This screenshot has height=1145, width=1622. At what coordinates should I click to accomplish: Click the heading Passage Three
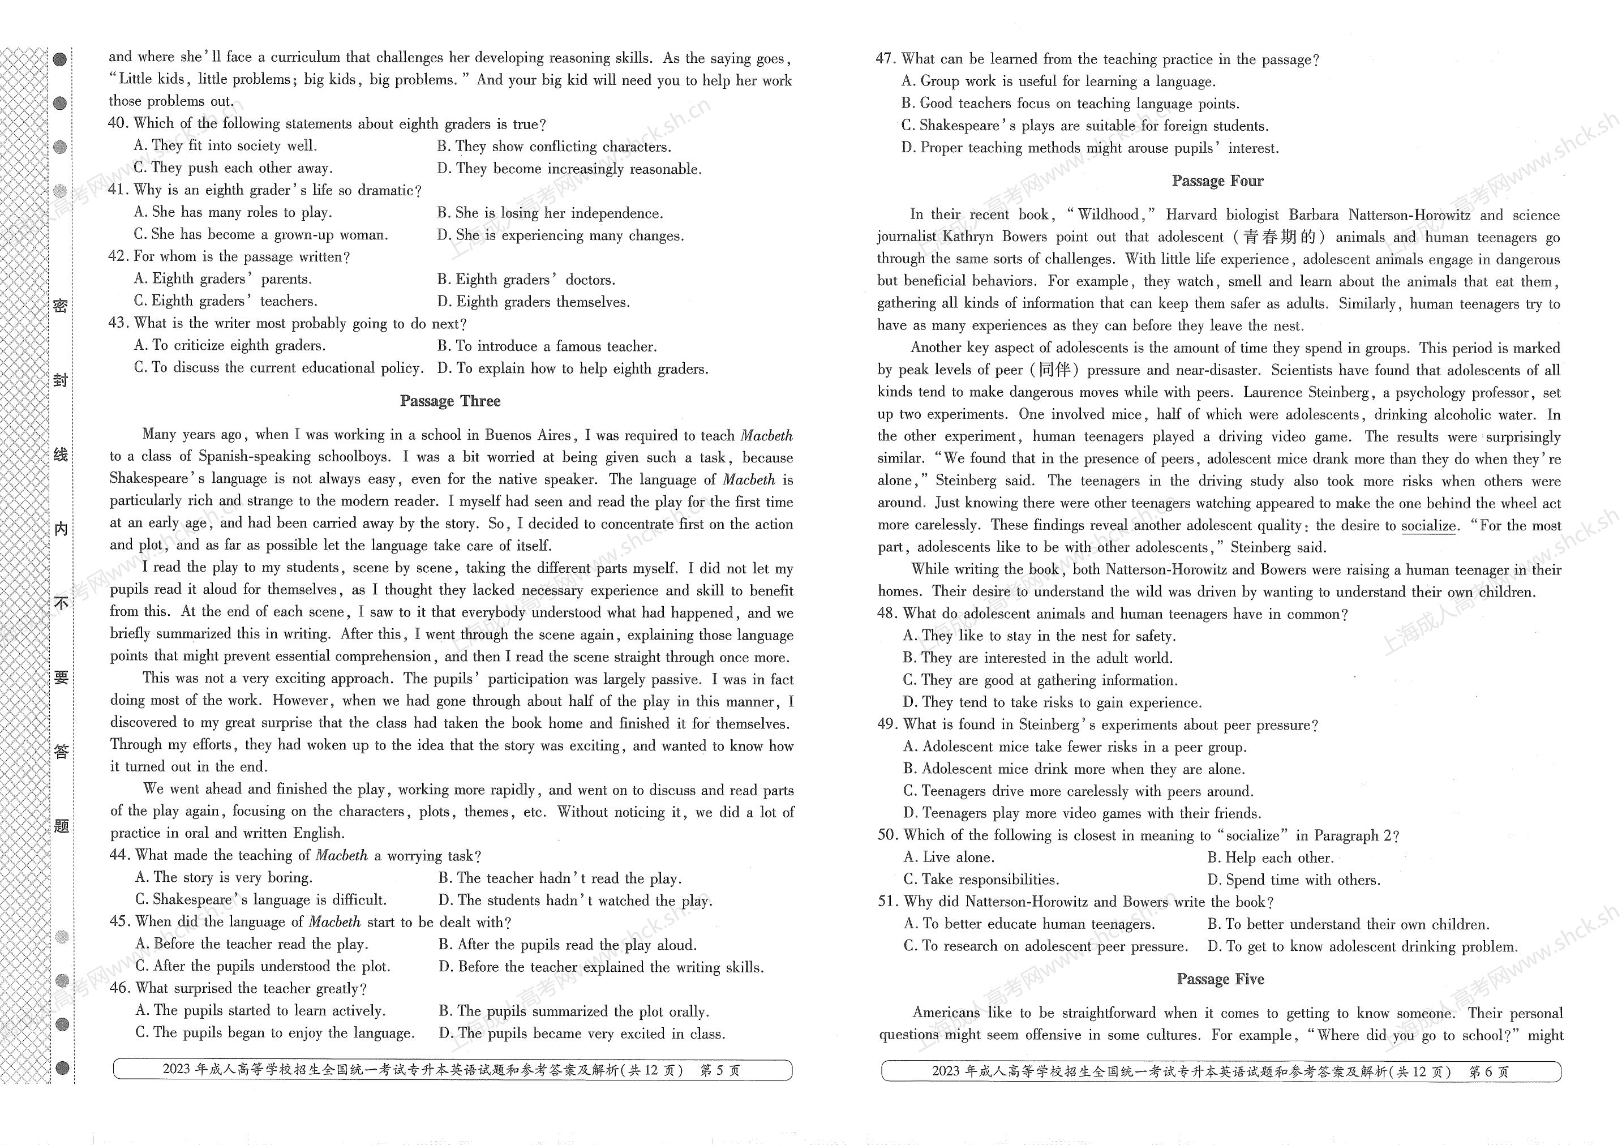(450, 401)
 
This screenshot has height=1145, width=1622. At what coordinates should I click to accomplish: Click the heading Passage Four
(1217, 181)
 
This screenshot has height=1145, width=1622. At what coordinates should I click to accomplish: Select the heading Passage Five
(1220, 979)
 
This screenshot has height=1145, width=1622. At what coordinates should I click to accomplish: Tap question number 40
(118, 123)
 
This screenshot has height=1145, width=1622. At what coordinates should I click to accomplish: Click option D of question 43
(572, 368)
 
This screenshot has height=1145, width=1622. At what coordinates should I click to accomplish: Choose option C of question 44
(261, 900)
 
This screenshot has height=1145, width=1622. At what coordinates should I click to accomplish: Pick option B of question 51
(1348, 925)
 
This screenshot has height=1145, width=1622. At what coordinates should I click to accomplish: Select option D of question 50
(1293, 880)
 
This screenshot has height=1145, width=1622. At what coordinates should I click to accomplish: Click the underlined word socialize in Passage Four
(1428, 526)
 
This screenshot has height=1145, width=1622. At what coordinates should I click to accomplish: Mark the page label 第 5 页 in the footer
(719, 1070)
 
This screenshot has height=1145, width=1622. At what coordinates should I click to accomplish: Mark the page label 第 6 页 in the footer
(1488, 1071)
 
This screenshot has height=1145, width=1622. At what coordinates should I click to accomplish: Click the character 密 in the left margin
(61, 306)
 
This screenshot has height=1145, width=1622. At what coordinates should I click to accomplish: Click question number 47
(886, 59)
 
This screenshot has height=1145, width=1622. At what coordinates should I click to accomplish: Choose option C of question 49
(1078, 791)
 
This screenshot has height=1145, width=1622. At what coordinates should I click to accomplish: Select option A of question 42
(222, 279)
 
